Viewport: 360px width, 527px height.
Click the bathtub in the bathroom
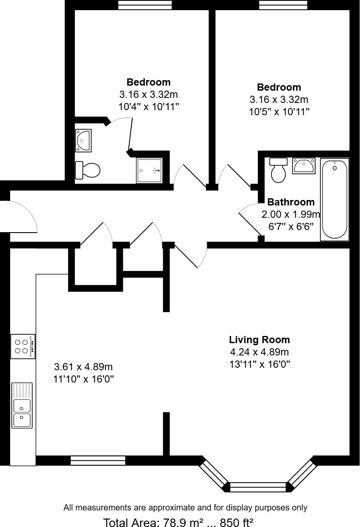coord(335,199)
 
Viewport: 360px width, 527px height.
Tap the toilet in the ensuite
coord(88,170)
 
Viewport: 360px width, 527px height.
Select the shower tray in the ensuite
coord(149,171)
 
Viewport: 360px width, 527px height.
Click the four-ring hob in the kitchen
coord(22,346)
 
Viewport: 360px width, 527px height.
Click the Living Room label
coord(259,339)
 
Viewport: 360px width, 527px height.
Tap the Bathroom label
coord(291,202)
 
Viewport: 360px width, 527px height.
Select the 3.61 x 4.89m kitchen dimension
coord(83,366)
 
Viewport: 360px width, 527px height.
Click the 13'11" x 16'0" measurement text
coord(259,364)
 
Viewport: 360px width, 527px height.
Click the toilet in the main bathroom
coord(278,170)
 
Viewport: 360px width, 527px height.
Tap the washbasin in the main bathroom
coord(303,165)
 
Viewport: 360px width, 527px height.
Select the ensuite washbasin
coord(83,140)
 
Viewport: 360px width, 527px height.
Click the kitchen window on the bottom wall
coord(98,460)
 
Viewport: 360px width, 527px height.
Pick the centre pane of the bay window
coord(258,487)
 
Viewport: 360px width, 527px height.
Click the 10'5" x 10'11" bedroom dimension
coord(279,112)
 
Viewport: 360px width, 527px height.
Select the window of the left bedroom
coord(145,5)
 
